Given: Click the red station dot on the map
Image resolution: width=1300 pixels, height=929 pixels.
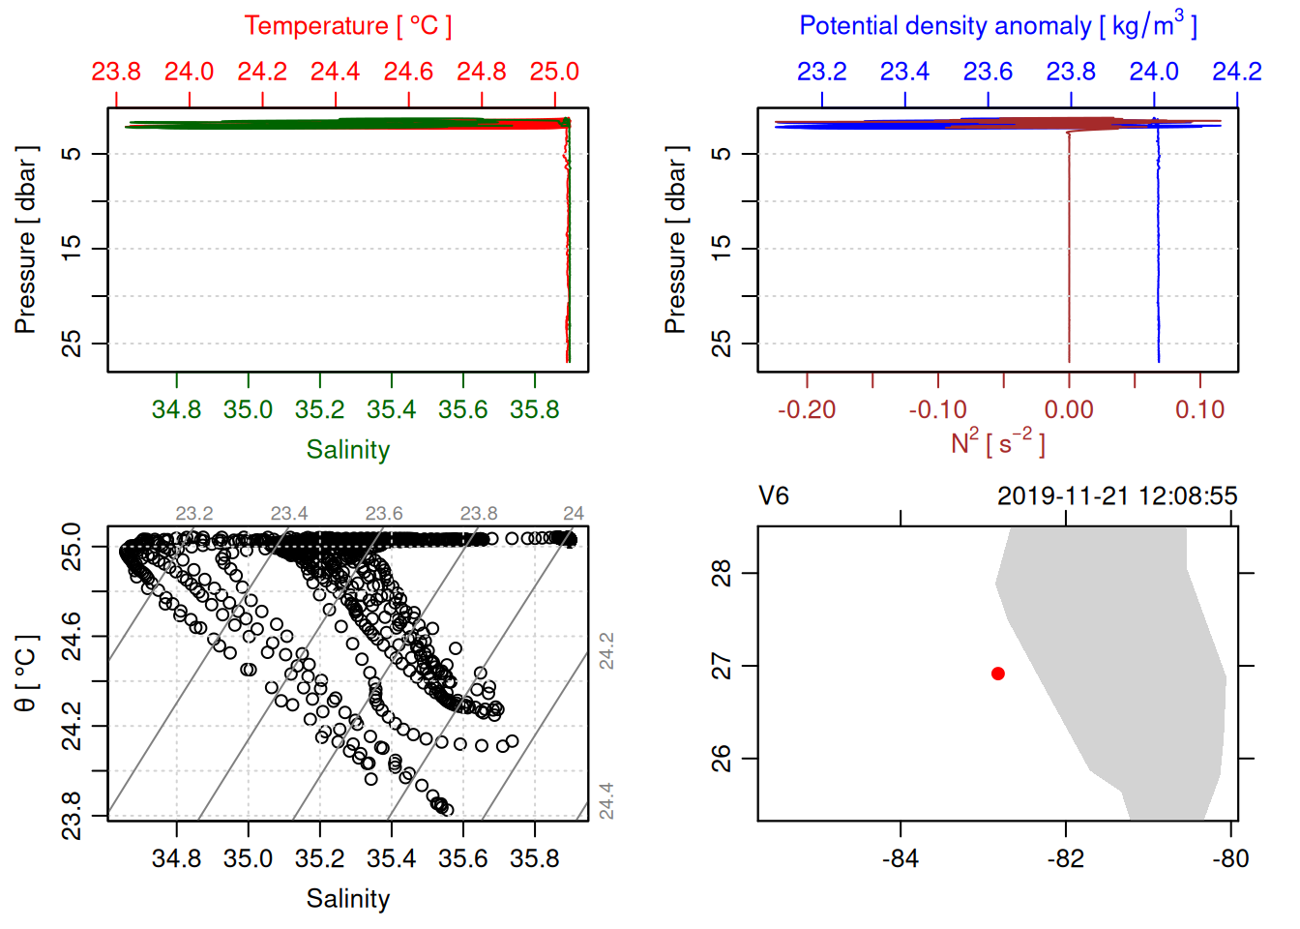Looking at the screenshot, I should (998, 674).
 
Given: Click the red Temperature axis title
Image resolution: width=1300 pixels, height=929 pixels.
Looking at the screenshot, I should (347, 26).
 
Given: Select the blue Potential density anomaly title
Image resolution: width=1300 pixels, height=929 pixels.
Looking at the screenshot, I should (997, 26).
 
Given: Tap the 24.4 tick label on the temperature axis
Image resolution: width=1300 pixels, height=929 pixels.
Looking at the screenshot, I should (335, 72).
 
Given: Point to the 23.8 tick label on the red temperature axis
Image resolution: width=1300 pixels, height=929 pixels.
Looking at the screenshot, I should (116, 72).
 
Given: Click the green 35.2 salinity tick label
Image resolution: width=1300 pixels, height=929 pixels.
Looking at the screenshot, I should (320, 409).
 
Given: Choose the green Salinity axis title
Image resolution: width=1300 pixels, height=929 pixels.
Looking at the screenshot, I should (347, 450).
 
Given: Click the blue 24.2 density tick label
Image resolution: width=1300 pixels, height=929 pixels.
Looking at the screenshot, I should (1237, 72).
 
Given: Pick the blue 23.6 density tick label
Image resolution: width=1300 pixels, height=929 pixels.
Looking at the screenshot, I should (988, 72).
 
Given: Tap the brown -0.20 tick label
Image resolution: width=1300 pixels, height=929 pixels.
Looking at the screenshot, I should (807, 409).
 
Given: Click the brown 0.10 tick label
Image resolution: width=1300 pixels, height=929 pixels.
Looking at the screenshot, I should (1199, 409).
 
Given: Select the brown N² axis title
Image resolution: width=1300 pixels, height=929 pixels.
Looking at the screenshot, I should (997, 443).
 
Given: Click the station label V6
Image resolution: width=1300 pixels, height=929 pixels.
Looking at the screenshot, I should (774, 496).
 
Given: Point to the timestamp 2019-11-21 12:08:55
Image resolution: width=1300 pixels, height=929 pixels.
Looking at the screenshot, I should (1117, 496).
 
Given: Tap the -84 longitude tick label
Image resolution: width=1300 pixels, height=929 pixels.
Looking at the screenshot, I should (901, 858).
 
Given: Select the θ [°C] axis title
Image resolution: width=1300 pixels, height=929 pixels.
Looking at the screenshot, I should (26, 674).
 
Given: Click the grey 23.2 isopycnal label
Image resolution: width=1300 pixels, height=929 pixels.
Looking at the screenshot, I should (194, 513).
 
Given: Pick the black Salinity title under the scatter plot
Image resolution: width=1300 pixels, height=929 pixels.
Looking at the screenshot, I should (347, 899).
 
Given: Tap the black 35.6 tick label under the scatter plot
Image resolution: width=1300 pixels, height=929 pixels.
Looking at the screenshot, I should (463, 858).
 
